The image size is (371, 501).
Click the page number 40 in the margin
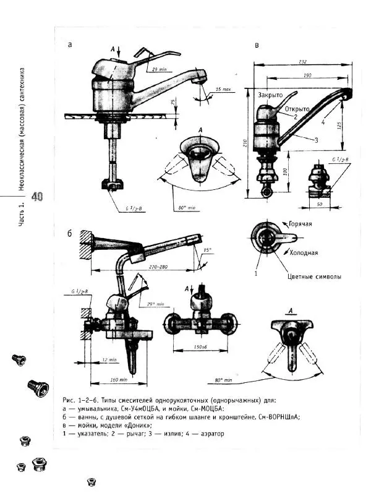pyautogui.click(x=37, y=197)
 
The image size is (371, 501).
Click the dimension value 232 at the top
pyautogui.click(x=302, y=61)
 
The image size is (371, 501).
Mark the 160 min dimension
pyautogui.click(x=109, y=379)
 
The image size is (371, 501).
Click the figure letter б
pyautogui.click(x=70, y=233)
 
